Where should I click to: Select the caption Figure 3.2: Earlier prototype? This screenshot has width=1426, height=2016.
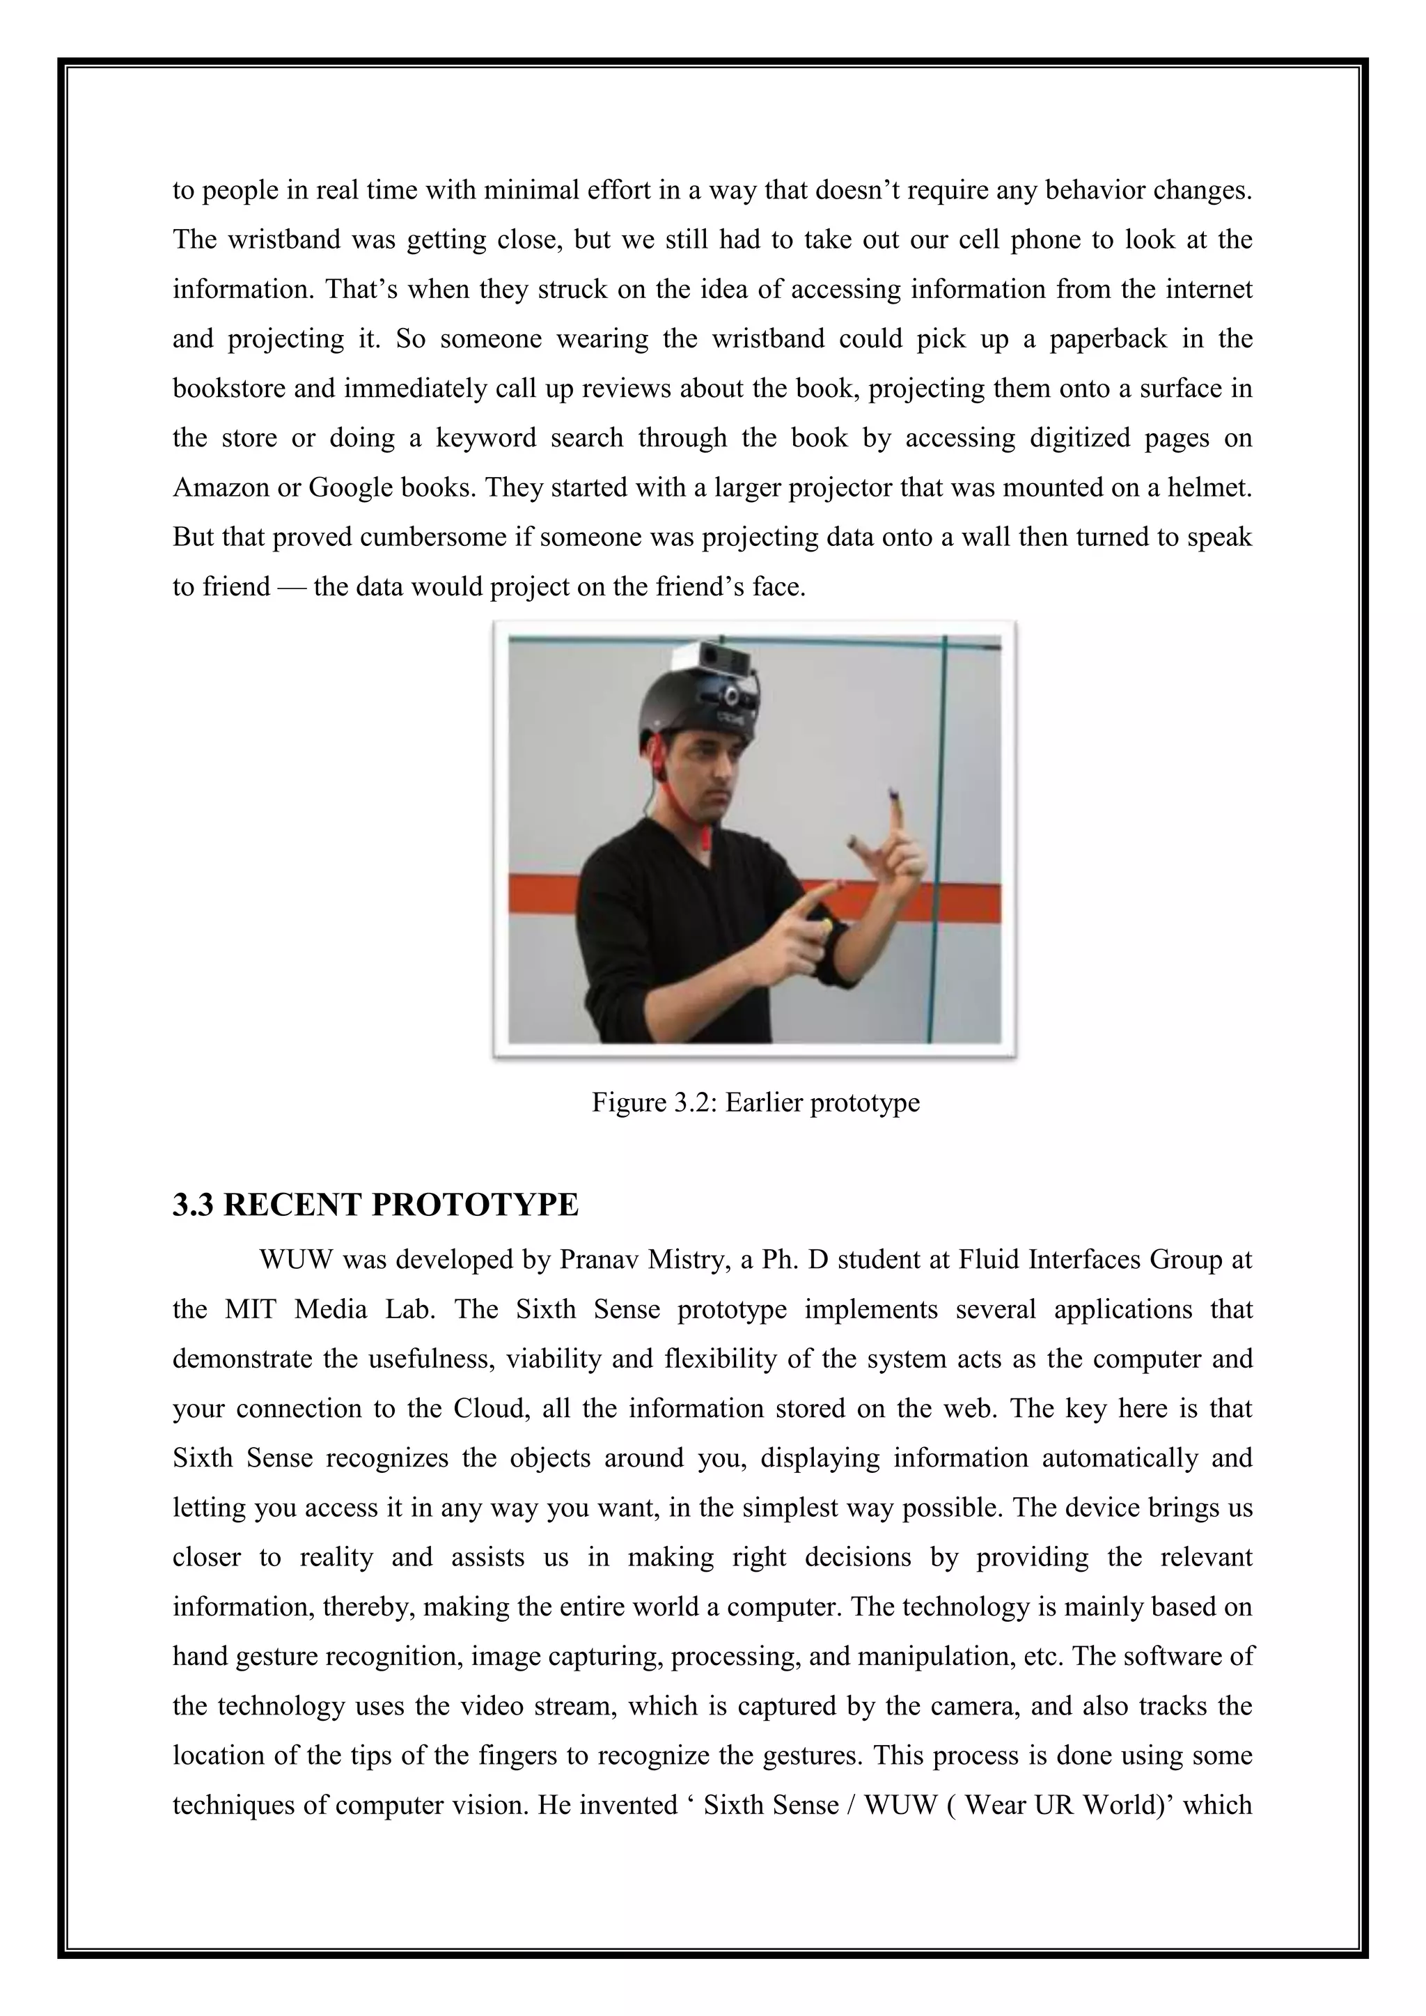tap(755, 1102)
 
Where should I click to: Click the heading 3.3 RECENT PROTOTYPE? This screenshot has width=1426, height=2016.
tap(376, 1205)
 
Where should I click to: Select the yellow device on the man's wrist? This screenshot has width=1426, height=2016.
tap(827, 926)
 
